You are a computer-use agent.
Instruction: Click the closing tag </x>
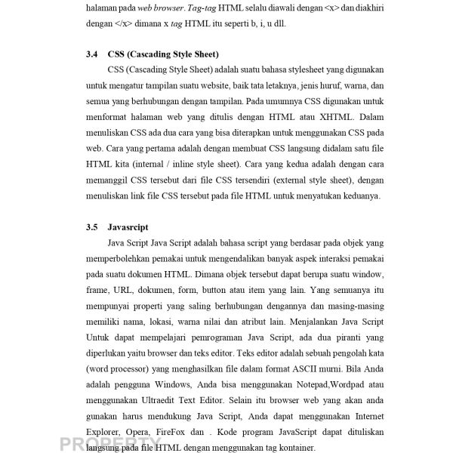[x=116, y=23]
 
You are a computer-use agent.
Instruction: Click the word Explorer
[x=103, y=432]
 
